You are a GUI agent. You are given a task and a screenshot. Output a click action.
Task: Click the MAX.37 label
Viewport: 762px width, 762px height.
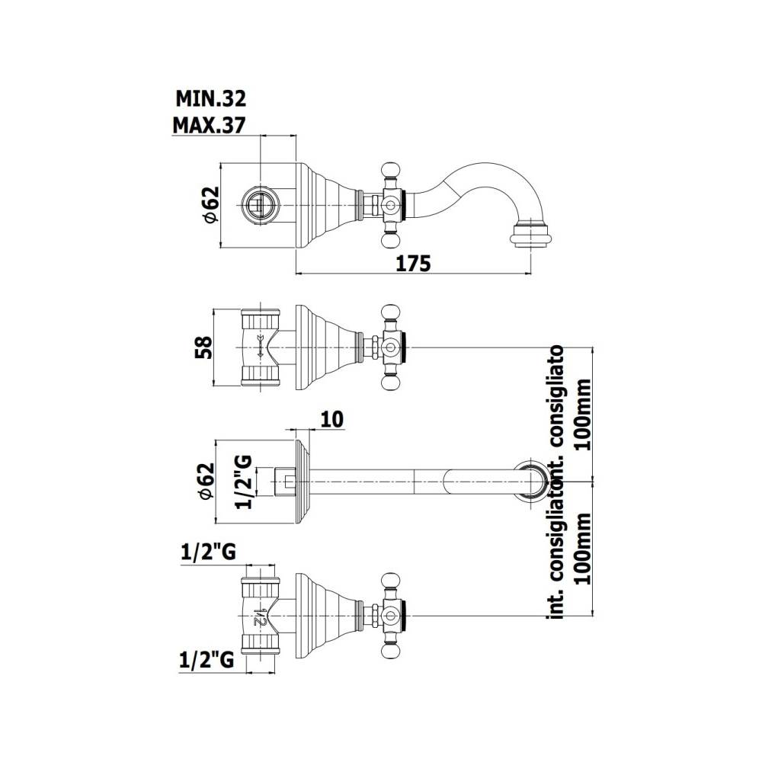click(209, 125)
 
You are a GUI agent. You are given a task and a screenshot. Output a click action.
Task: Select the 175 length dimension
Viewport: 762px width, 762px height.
click(413, 264)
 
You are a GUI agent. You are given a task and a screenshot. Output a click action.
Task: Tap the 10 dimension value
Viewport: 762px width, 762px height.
click(332, 418)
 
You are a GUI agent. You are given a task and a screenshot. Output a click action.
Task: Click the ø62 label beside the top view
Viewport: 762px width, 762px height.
click(210, 204)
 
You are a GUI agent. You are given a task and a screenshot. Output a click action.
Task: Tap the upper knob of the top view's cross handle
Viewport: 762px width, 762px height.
click(392, 168)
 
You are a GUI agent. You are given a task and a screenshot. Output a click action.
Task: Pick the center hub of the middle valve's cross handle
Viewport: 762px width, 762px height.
click(391, 348)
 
